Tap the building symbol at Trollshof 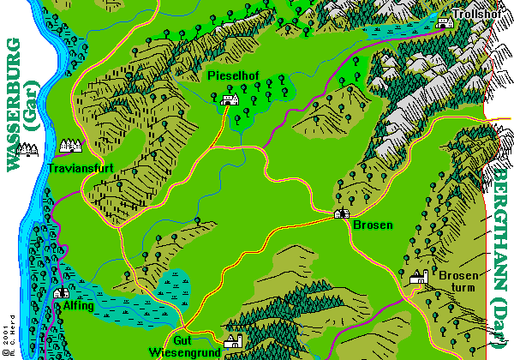pos(444,23)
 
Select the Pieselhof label pos(234,77)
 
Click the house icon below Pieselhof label pos(230,100)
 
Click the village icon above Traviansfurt pos(69,145)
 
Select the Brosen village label pos(373,225)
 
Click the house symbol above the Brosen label pos(341,213)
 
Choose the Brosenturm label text pos(457,281)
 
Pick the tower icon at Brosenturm pos(417,277)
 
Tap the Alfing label pos(80,305)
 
